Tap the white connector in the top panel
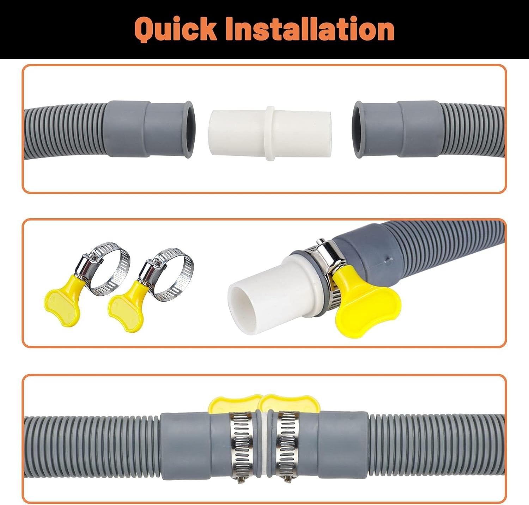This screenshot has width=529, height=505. pyautogui.click(x=270, y=134)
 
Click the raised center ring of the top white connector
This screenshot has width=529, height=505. pyautogui.click(x=270, y=134)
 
